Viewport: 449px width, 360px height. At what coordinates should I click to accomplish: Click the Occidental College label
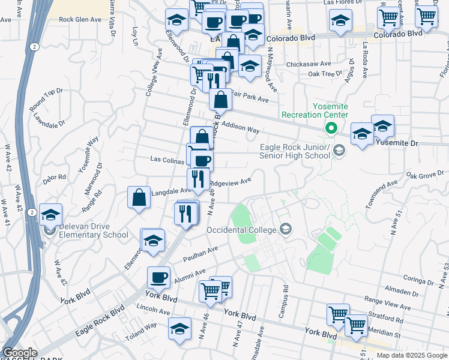tap(241, 230)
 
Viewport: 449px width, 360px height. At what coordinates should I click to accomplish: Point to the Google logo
tap(20, 353)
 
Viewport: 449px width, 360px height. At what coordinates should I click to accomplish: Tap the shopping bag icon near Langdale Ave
tap(139, 197)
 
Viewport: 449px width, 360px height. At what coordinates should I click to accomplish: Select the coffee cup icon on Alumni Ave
tap(159, 277)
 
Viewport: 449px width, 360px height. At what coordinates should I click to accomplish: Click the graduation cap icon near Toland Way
tap(179, 329)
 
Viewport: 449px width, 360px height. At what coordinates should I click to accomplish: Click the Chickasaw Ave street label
tap(309, 63)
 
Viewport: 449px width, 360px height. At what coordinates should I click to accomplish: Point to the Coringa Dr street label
tap(418, 280)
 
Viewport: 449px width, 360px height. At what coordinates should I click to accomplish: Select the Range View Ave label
tap(387, 301)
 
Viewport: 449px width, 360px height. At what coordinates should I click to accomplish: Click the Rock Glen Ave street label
tap(80, 19)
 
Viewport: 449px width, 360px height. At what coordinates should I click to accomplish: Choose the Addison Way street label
tap(240, 127)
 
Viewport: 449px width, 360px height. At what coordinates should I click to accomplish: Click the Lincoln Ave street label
tap(154, 311)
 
